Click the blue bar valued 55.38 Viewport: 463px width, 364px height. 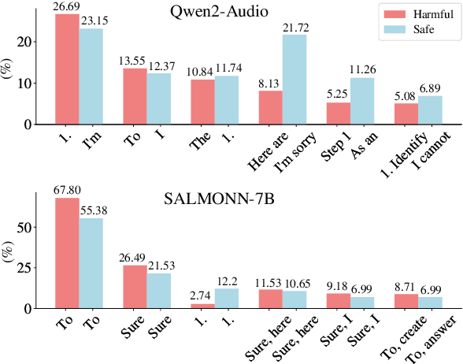click(91, 252)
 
